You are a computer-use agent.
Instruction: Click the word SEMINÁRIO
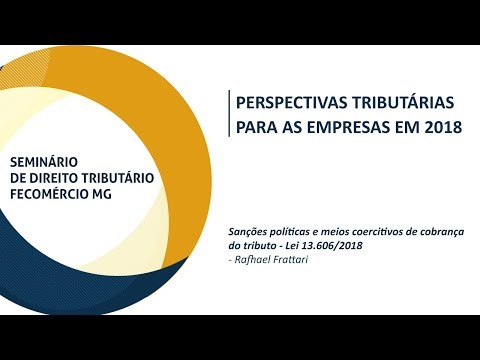(44, 162)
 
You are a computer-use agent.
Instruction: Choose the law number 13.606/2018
(332, 246)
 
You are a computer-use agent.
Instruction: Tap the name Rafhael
(251, 259)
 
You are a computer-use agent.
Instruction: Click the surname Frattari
(289, 259)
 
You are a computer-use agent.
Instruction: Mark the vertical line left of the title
(229, 113)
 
